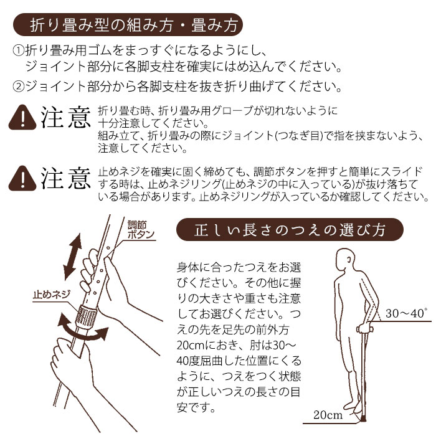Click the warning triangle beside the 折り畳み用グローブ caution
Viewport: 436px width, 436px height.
click(x=24, y=117)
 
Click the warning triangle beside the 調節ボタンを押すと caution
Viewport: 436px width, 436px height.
click(x=24, y=178)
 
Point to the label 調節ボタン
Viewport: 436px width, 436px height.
click(x=141, y=230)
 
